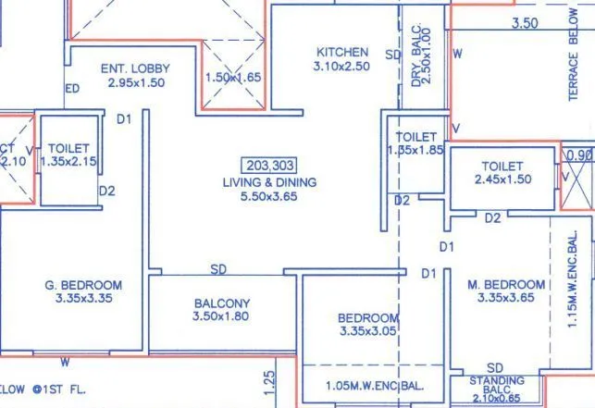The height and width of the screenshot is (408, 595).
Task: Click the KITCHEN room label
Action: point(342,52)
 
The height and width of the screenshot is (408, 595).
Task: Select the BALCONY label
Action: point(222,303)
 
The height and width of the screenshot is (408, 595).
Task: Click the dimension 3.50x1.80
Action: point(222,317)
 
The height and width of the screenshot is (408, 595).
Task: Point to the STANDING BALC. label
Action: point(496,379)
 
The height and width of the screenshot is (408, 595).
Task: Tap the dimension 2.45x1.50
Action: point(503,179)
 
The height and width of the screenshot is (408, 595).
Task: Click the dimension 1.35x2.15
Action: point(68,161)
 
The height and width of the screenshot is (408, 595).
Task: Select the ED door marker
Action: point(71,89)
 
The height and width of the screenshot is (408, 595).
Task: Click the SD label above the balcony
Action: point(218,269)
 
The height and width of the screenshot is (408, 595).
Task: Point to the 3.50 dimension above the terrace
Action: point(525,22)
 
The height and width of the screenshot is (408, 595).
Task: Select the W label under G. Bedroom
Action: point(65,360)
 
